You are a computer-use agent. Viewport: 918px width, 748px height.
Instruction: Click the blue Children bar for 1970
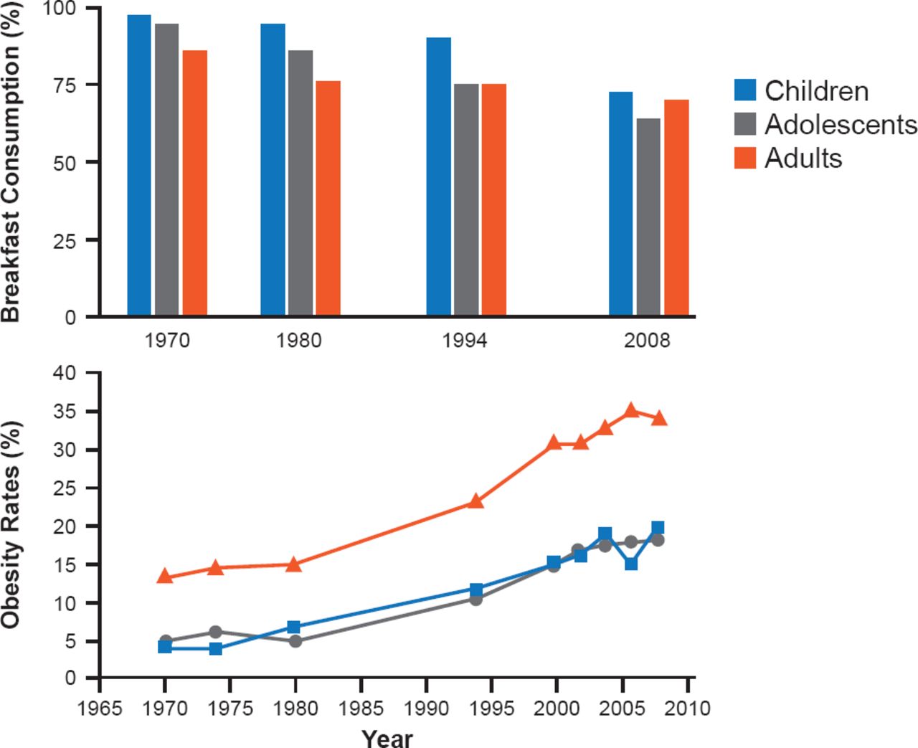pyautogui.click(x=139, y=165)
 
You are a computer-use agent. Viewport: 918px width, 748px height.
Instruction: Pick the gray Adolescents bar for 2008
pyautogui.click(x=648, y=217)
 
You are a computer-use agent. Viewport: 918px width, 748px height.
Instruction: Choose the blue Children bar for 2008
pyautogui.click(x=621, y=204)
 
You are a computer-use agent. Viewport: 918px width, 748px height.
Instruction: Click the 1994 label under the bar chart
pyautogui.click(x=465, y=340)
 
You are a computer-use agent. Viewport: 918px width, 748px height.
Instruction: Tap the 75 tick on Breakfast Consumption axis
pyautogui.click(x=70, y=85)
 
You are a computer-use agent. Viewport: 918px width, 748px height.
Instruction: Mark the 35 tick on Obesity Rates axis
pyautogui.click(x=70, y=412)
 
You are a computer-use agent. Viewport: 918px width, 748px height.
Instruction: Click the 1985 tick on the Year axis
pyautogui.click(x=361, y=709)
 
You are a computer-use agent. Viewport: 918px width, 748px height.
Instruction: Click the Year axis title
pyautogui.click(x=387, y=737)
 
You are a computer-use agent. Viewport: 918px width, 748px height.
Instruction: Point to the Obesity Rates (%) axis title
pyautogui.click(x=11, y=525)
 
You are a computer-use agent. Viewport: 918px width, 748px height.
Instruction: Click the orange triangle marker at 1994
pyautogui.click(x=475, y=501)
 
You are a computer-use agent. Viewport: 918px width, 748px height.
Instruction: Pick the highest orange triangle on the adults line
pyautogui.click(x=631, y=410)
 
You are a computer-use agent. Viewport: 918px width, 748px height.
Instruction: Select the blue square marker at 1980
pyautogui.click(x=294, y=628)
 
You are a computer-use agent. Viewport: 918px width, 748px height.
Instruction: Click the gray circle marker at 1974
pyautogui.click(x=216, y=632)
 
